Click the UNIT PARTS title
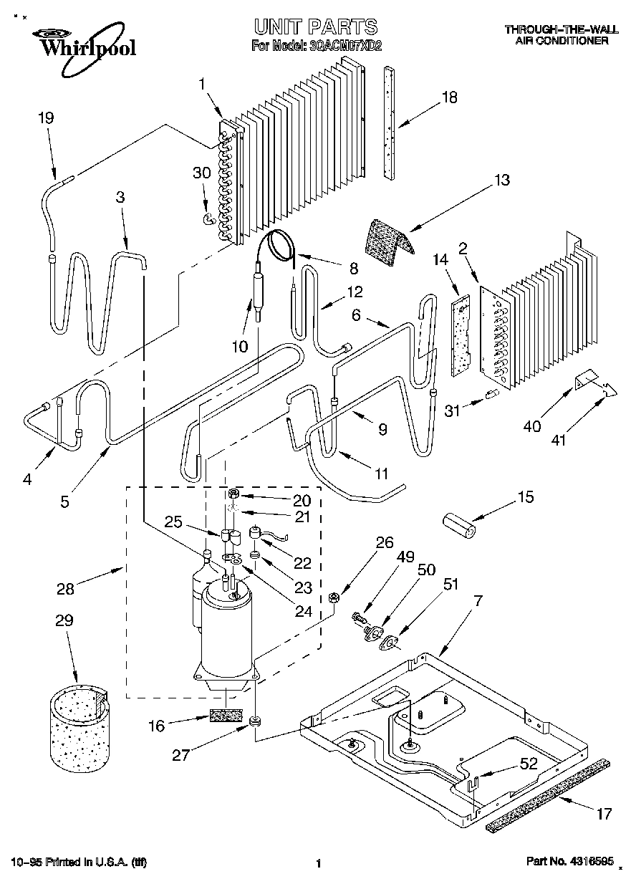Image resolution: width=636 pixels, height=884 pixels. tap(315, 27)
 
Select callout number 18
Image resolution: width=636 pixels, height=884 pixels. tap(448, 98)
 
